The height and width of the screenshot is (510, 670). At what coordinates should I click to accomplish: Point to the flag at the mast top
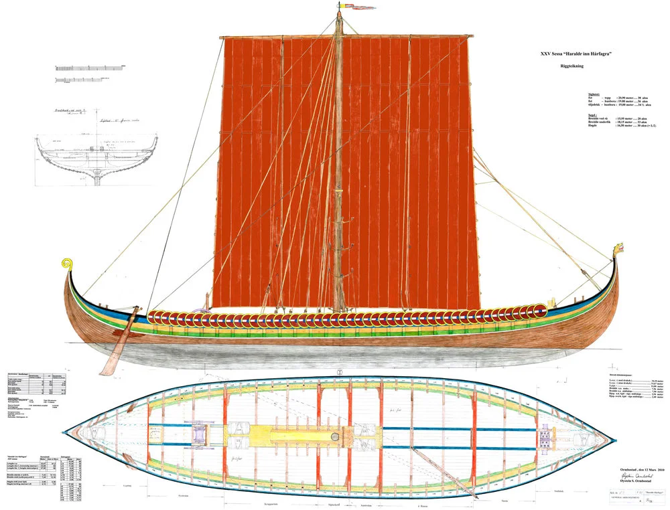[x=351, y=7]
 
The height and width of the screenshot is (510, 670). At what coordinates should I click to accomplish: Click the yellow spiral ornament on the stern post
[x=67, y=264]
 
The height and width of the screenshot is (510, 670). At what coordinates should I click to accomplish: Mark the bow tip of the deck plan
[x=615, y=439]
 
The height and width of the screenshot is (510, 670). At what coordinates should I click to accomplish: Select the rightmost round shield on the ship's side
[x=539, y=312]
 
